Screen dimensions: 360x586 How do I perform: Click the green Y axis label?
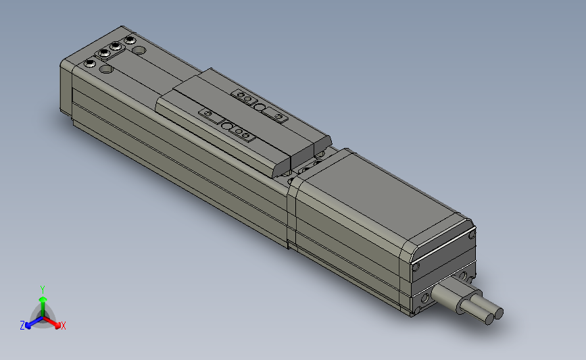(43, 288)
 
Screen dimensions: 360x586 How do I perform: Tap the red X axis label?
(63, 326)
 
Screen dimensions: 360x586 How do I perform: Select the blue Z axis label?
(22, 326)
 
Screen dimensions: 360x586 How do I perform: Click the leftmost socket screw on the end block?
(91, 63)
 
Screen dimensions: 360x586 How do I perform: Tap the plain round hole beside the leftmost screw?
(105, 69)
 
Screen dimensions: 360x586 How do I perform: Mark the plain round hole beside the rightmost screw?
(139, 50)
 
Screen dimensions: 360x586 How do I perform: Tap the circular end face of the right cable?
(499, 313)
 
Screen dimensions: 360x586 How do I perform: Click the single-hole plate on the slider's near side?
(208, 113)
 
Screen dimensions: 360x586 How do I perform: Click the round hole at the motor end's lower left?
(425, 298)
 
